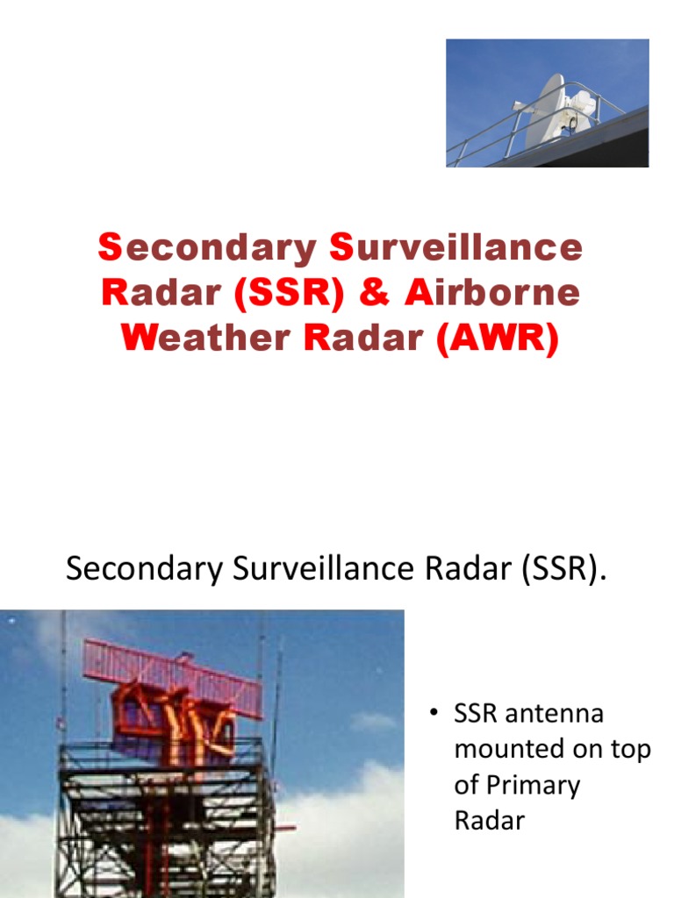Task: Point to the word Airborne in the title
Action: tap(492, 293)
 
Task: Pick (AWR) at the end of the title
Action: tap(497, 338)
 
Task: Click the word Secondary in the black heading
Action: tap(146, 569)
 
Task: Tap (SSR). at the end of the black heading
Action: tap(562, 569)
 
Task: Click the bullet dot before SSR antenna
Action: tap(434, 714)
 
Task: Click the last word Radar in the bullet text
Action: tap(489, 821)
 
